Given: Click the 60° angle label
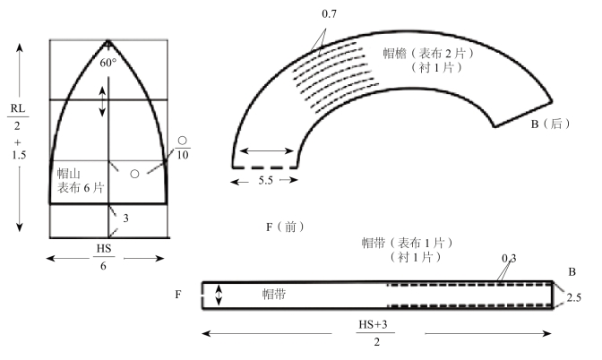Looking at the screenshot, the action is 107,63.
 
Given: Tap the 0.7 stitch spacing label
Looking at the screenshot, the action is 329,14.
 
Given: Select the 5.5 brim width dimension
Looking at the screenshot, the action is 265,180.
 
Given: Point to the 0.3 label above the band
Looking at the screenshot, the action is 509,259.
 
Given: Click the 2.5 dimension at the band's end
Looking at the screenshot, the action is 574,297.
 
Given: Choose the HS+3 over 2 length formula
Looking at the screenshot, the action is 374,333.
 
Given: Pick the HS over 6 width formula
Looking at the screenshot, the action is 104,257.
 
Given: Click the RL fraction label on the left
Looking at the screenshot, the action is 18,116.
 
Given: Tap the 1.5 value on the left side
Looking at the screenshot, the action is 19,155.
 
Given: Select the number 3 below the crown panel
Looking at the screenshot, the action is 125,219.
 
